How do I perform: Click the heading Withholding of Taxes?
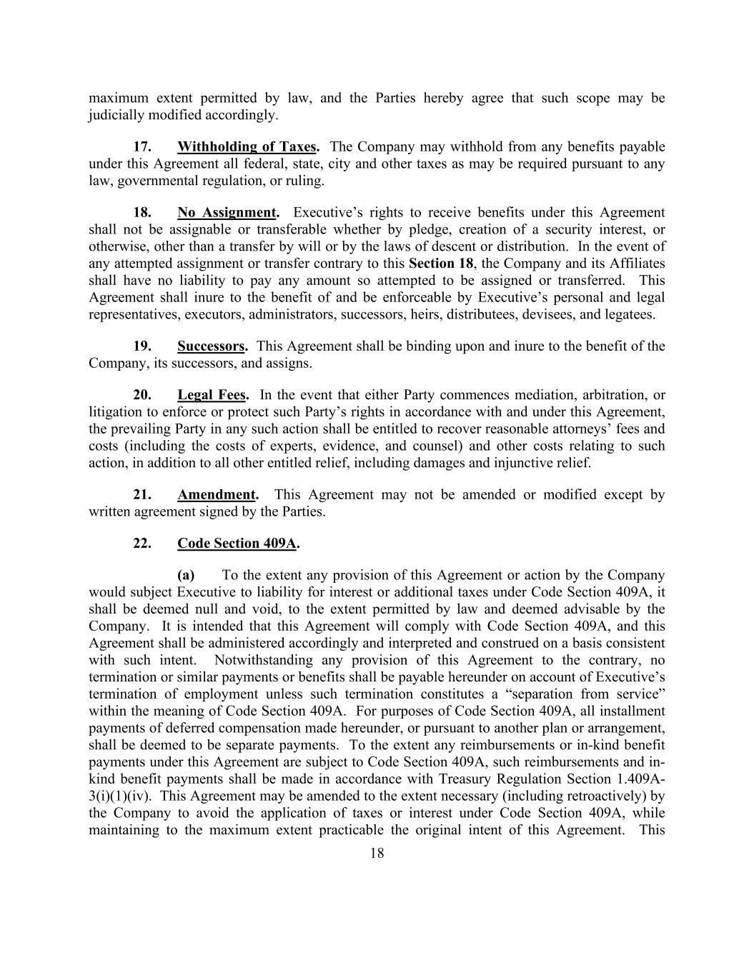pyautogui.click(x=247, y=147)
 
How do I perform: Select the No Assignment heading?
pyautogui.click(x=227, y=213)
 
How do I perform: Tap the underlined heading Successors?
pyautogui.click(x=212, y=346)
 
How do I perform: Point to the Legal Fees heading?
pyautogui.click(x=212, y=395)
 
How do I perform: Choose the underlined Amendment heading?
pyautogui.click(x=217, y=494)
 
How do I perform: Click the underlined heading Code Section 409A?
pyautogui.click(x=237, y=544)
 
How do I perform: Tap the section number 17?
pyautogui.click(x=142, y=147)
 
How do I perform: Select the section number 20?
pyautogui.click(x=142, y=395)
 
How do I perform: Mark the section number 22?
pyautogui.click(x=142, y=544)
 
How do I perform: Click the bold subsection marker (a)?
pyautogui.click(x=186, y=576)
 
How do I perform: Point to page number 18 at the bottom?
pyautogui.click(x=377, y=853)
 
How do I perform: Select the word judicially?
pyautogui.click(x=116, y=115)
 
